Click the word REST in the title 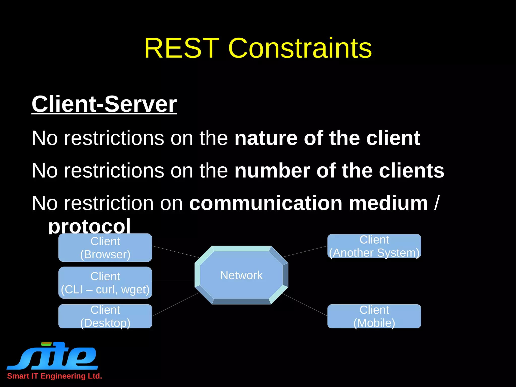tap(181, 48)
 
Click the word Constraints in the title tap(300, 48)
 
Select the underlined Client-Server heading tap(104, 104)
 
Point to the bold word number tap(272, 171)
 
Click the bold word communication tap(266, 203)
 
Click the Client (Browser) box tap(105, 248)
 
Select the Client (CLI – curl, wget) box tap(105, 283)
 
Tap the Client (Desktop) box tap(105, 316)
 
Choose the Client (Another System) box tap(374, 246)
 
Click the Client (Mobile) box tap(374, 316)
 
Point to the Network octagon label tap(241, 275)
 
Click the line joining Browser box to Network tap(175, 252)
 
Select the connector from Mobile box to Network tap(305, 305)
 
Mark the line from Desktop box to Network tap(175, 304)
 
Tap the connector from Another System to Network tap(305, 251)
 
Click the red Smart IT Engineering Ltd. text tap(54, 376)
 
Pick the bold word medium tap(388, 203)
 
